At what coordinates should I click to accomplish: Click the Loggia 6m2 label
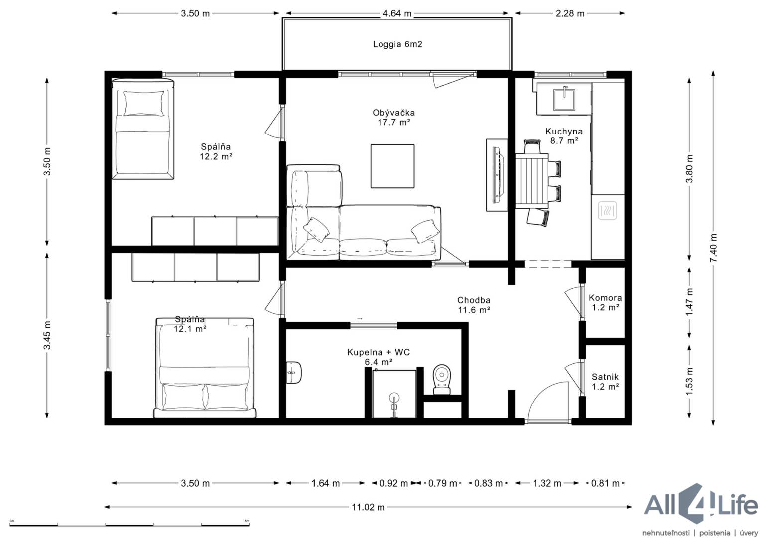397,44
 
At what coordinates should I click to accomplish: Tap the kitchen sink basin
564,100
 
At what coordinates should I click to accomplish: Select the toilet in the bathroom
442,380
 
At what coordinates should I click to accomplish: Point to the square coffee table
392,166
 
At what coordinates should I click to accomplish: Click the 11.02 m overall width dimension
368,507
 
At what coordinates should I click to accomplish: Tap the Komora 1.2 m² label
605,302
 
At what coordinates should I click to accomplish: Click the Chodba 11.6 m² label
474,305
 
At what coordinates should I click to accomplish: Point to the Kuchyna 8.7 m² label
564,136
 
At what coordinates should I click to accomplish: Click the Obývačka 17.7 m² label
393,117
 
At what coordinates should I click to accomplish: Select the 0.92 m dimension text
393,483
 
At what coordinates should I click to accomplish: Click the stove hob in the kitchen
607,210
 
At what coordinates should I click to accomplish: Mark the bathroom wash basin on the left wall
293,372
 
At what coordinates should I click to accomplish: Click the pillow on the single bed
143,103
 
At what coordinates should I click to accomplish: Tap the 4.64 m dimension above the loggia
397,13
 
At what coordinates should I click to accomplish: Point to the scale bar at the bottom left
129,525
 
